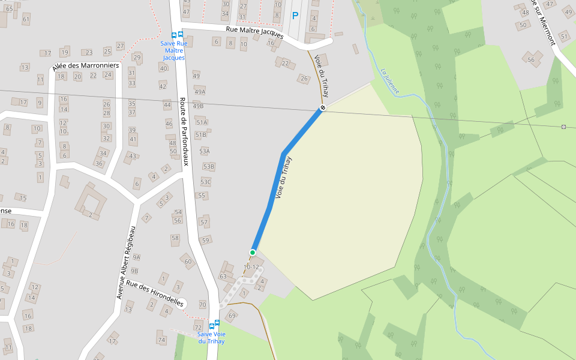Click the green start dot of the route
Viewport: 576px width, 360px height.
coord(253,253)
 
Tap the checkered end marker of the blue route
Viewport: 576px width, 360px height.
coord(323,108)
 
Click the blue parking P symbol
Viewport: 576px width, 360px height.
coord(295,16)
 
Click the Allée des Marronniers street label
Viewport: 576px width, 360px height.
coord(86,65)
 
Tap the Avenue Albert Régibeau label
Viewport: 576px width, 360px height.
coord(127,262)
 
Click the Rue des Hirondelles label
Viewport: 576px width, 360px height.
coord(155,294)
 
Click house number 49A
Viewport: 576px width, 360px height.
coord(199,91)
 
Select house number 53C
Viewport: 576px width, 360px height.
coord(206,182)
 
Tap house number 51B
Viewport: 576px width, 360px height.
coord(201,135)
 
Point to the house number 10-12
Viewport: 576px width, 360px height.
coord(251,266)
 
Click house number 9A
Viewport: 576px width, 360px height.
coord(136,257)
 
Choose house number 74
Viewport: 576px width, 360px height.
coord(161,340)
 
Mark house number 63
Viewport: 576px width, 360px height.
coord(223,277)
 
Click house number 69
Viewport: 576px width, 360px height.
coord(232,315)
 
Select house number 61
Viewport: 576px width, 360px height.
coord(26,19)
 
